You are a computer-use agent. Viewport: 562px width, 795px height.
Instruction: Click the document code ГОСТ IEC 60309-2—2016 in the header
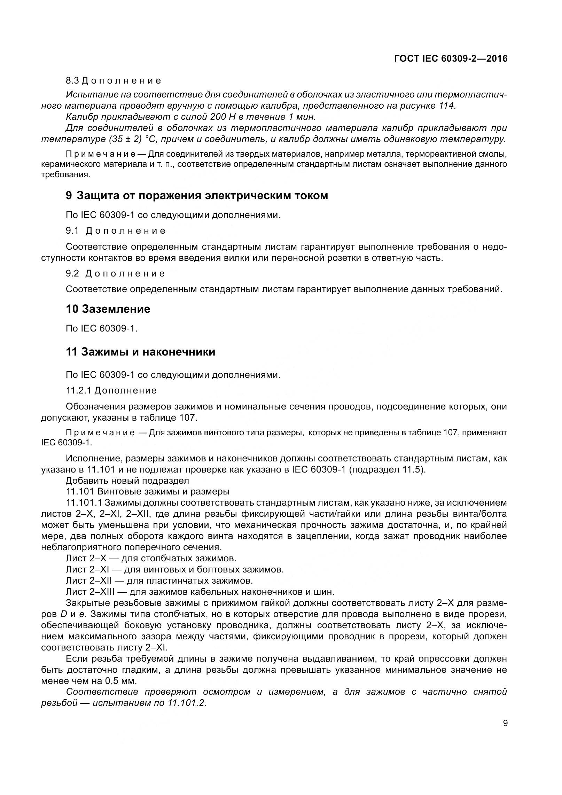451,59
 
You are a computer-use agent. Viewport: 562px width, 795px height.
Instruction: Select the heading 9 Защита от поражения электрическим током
197,196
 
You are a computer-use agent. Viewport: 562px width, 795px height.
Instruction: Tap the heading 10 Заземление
108,309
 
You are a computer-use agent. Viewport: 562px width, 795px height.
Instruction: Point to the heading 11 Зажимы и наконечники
140,352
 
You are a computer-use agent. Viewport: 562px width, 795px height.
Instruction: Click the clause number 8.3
72,81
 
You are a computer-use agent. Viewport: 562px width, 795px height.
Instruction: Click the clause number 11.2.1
78,390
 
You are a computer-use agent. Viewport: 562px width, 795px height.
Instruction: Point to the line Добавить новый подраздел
127,481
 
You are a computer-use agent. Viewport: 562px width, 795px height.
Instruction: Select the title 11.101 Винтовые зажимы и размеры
148,492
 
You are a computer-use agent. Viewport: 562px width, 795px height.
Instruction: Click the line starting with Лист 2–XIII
200,592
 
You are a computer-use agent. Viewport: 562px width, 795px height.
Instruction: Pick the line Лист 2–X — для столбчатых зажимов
151,558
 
